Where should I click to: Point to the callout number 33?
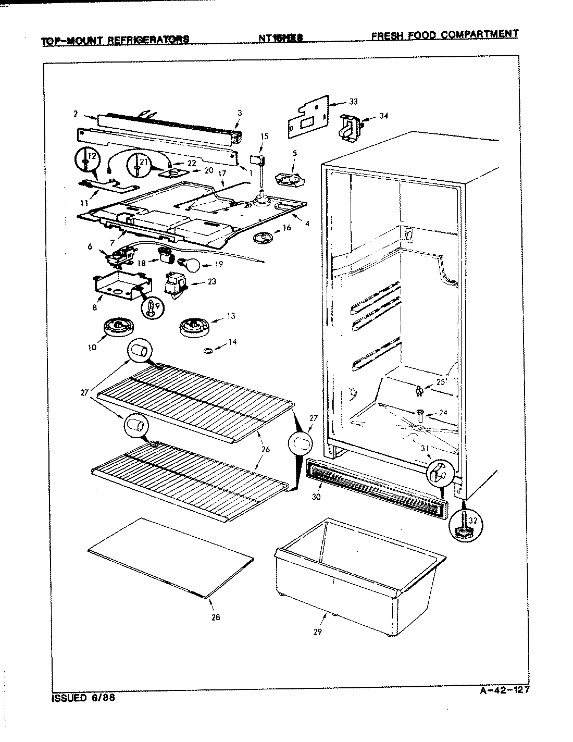click(354, 102)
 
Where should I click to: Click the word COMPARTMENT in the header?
click(479, 34)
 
